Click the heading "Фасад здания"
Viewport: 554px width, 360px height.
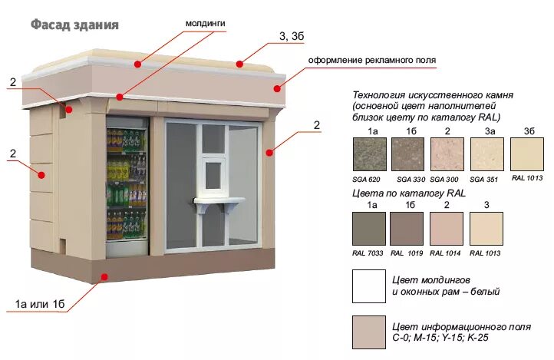click(74, 25)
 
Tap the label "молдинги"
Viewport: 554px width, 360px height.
click(205, 24)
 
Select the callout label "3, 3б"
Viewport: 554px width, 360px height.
click(293, 37)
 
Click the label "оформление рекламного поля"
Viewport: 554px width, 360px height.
click(371, 60)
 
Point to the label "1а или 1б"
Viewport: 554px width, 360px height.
click(40, 305)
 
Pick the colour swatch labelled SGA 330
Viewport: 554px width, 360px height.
click(407, 155)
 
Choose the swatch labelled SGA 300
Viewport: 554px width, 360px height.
click(447, 155)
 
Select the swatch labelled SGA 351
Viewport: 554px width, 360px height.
click(486, 155)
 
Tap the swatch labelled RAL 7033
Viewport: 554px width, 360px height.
click(368, 229)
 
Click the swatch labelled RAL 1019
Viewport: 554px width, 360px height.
click(407, 229)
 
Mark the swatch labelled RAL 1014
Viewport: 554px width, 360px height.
click(447, 229)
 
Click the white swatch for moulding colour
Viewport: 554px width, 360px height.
click(368, 286)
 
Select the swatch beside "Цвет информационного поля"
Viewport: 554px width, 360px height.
click(368, 332)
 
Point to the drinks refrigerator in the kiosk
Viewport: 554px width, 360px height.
click(126, 184)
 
